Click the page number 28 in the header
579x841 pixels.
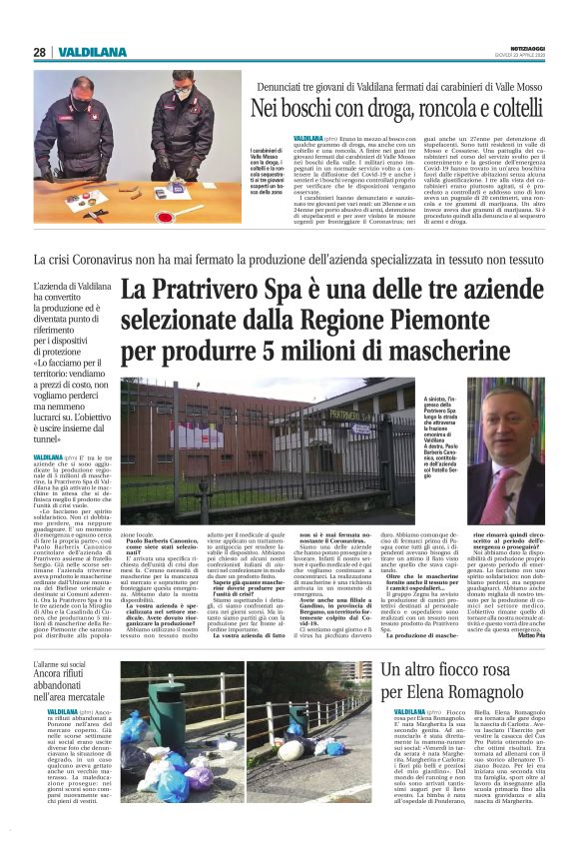39,52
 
